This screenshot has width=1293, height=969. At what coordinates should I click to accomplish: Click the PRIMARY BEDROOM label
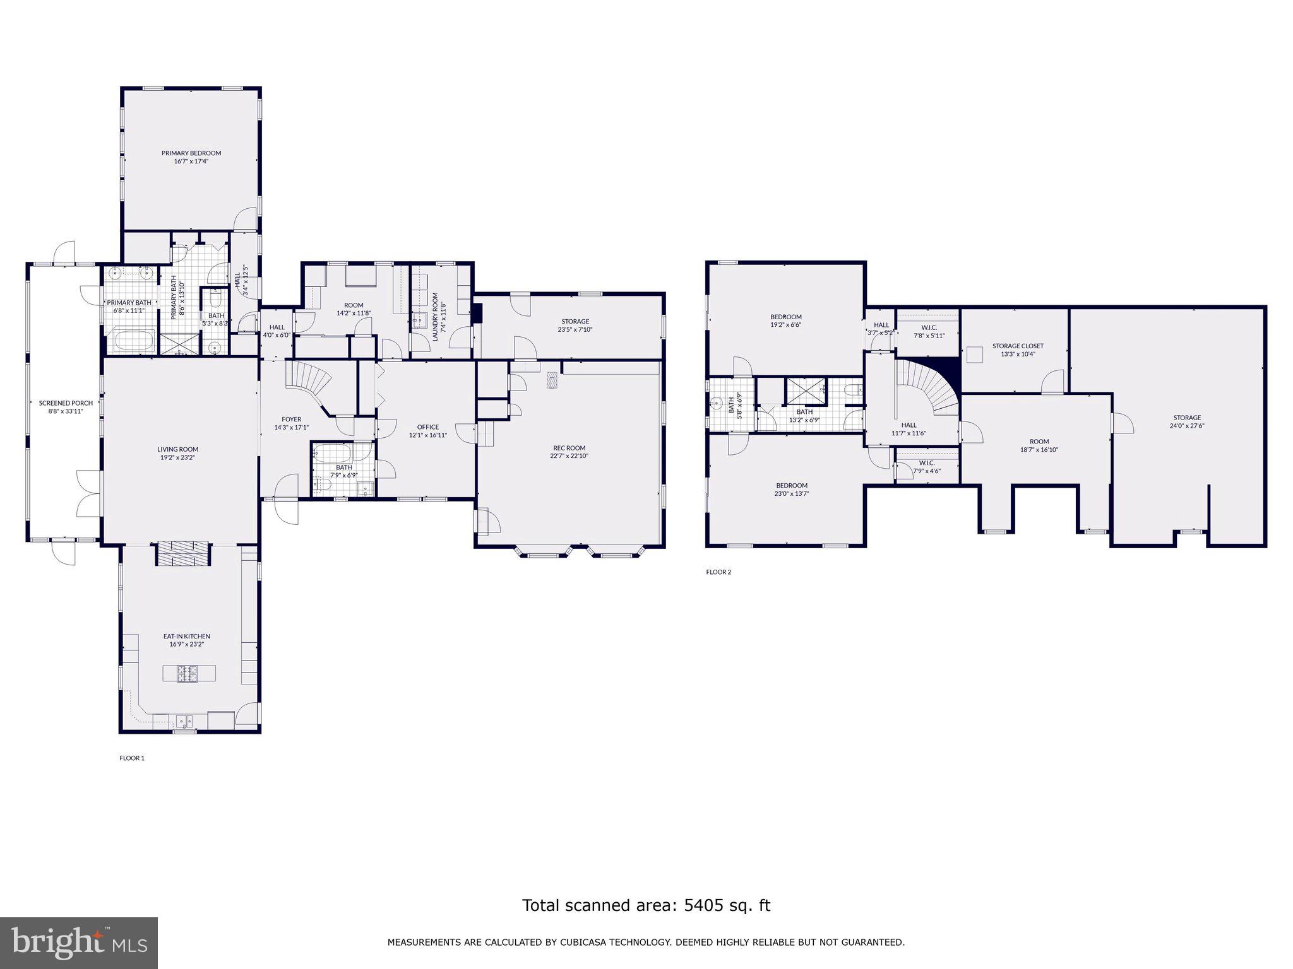pyautogui.click(x=191, y=153)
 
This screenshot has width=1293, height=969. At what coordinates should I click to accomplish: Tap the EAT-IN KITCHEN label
pyautogui.click(x=187, y=637)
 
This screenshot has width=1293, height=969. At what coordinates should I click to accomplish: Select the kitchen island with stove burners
pyautogui.click(x=188, y=673)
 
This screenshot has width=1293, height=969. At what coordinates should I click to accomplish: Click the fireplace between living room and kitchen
pyautogui.click(x=184, y=555)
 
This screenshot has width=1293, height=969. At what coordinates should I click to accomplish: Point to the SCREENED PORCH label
pyautogui.click(x=66, y=403)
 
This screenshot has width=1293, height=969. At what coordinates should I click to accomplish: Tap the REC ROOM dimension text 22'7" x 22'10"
pyautogui.click(x=569, y=456)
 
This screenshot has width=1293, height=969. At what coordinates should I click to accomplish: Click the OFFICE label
pyautogui.click(x=428, y=427)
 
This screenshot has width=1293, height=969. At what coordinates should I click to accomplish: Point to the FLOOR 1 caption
pyautogui.click(x=132, y=758)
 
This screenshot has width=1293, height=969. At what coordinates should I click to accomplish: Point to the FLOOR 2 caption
pyautogui.click(x=718, y=572)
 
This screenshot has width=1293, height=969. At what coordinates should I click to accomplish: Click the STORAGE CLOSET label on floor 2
pyautogui.click(x=1018, y=346)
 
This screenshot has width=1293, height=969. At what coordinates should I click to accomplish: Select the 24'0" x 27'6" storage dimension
pyautogui.click(x=1187, y=426)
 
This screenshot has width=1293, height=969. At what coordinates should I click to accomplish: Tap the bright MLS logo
pyautogui.click(x=78, y=942)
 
